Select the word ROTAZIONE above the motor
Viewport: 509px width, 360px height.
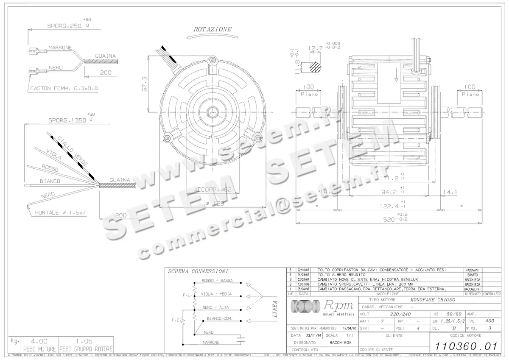point(213,30)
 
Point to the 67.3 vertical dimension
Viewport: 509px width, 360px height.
point(145,83)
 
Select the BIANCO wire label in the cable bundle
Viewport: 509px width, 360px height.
point(50,181)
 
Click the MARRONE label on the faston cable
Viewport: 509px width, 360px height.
point(60,47)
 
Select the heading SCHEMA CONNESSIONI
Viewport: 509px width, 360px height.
point(198,271)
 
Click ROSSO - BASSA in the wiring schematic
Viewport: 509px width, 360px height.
point(217,281)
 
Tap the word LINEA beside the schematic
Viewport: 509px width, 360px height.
point(274,309)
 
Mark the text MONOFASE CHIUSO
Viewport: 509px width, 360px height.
point(429,299)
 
